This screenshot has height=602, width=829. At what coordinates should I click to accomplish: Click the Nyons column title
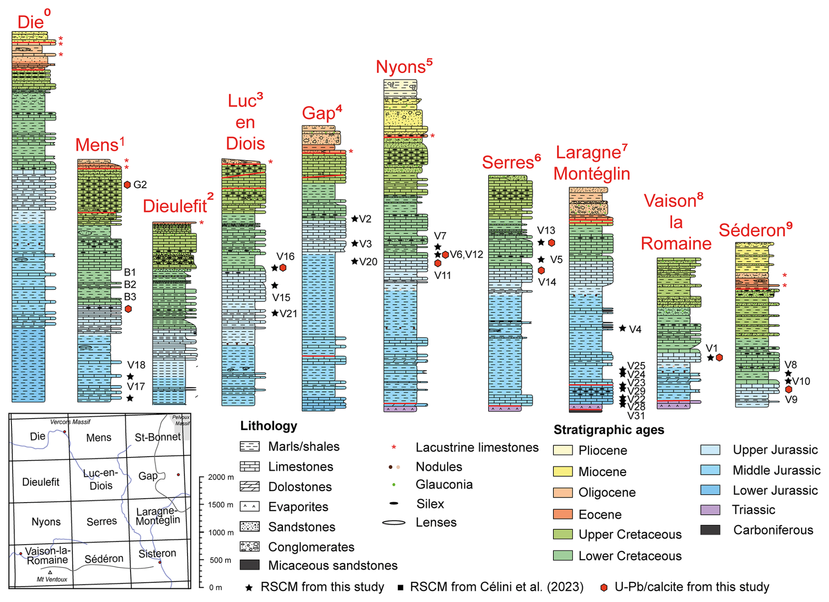click(x=401, y=67)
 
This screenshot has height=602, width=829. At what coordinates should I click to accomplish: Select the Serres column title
click(x=508, y=162)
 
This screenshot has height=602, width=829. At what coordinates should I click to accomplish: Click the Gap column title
click(x=319, y=113)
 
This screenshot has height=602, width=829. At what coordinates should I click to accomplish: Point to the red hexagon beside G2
click(x=128, y=185)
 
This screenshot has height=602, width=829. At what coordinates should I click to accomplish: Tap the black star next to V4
click(x=622, y=328)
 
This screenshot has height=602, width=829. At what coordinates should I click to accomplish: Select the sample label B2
click(x=130, y=285)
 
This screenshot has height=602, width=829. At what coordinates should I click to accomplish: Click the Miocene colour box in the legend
click(x=563, y=472)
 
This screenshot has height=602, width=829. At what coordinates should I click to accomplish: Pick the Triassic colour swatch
click(x=710, y=510)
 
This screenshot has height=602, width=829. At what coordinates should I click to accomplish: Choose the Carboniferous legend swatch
click(x=710, y=530)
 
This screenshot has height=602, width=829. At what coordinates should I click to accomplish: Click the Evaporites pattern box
click(x=250, y=507)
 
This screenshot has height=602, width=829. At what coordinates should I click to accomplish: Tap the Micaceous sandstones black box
click(x=250, y=565)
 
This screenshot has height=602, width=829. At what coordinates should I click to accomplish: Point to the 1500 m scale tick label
click(x=220, y=505)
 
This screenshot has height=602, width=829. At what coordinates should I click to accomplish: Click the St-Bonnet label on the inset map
click(x=157, y=437)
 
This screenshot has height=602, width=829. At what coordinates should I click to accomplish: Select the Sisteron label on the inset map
click(x=157, y=553)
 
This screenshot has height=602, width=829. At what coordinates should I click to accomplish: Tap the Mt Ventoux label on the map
click(x=52, y=579)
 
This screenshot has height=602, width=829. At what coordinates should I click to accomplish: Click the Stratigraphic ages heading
click(x=609, y=430)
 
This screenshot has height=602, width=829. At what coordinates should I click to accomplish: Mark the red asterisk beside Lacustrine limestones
click(x=394, y=447)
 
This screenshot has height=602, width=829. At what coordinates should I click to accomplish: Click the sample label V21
click(x=288, y=313)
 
